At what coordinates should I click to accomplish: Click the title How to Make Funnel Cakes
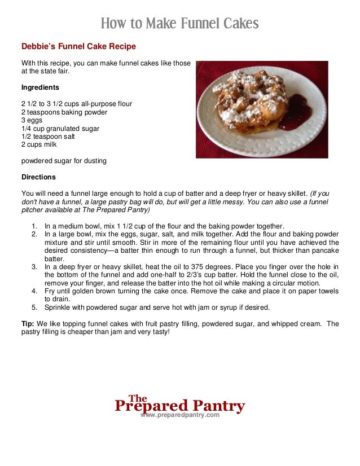(179, 24)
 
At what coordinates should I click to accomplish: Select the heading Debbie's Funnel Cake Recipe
(78, 46)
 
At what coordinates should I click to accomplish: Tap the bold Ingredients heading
(40, 87)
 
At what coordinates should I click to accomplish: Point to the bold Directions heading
(38, 177)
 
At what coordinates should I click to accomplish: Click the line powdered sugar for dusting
(64, 161)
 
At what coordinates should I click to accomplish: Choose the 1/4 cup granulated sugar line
(60, 128)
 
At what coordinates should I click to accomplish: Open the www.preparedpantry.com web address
(179, 415)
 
